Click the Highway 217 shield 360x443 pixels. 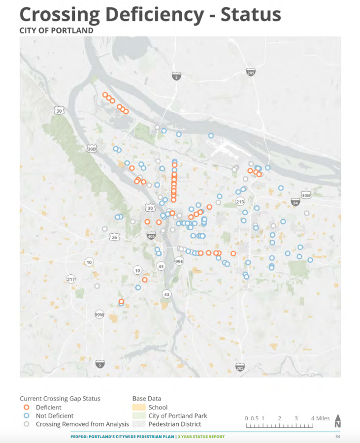pyautogui.click(x=71, y=280)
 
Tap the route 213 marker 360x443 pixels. pyautogui.click(x=240, y=202)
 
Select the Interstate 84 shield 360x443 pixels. pyautogui.click(x=295, y=202)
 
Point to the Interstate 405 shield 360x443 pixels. pyautogui.click(x=151, y=236)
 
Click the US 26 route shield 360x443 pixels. pyautogui.click(x=114, y=237)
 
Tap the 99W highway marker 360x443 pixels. pyautogui.click(x=99, y=314)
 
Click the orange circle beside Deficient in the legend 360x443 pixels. pyautogui.click(x=27, y=408)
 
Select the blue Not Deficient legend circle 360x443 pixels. pyautogui.click(x=27, y=416)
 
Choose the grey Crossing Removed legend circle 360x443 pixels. pyautogui.click(x=27, y=424)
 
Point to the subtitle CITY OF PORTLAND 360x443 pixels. pyautogui.click(x=56, y=31)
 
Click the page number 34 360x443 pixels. pyautogui.click(x=337, y=437)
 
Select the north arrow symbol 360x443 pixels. pyautogui.click(x=338, y=421)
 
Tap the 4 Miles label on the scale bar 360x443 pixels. pyautogui.click(x=320, y=418)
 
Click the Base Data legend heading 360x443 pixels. pyautogui.click(x=147, y=398)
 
